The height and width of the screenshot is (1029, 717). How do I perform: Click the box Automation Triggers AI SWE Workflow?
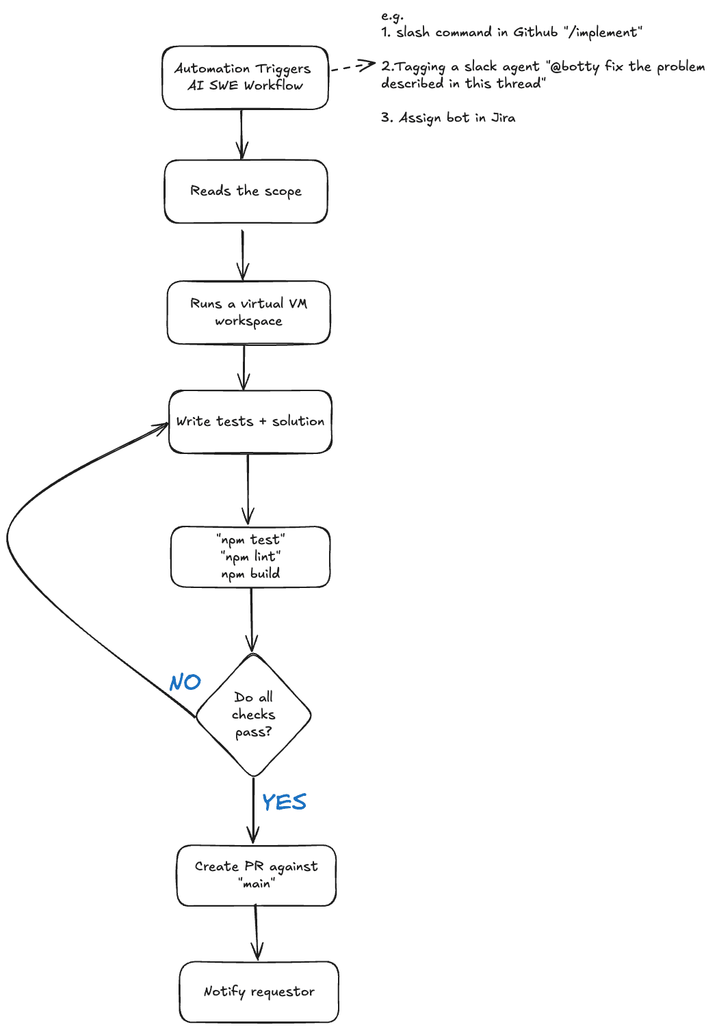(245, 77)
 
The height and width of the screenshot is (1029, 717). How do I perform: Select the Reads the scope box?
(246, 191)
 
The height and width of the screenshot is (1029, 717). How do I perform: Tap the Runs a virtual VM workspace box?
(248, 312)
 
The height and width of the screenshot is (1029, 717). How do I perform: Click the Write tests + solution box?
(250, 422)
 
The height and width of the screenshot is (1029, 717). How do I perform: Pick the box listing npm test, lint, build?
(250, 557)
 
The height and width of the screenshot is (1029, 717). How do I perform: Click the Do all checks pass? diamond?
(254, 715)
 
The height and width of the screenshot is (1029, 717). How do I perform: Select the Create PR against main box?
(256, 875)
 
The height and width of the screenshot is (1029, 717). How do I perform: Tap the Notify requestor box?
(259, 991)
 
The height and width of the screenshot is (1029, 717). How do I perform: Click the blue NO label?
(185, 682)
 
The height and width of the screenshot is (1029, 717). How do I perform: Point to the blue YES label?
(284, 802)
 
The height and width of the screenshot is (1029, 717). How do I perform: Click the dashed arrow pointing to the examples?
(352, 67)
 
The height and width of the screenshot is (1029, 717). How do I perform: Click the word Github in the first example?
(536, 32)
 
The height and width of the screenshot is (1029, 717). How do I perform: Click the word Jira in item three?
(504, 118)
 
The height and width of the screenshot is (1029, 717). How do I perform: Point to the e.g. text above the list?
(392, 15)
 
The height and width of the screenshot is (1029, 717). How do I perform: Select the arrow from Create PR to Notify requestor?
(257, 933)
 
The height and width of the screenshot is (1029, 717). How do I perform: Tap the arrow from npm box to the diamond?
(251, 619)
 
